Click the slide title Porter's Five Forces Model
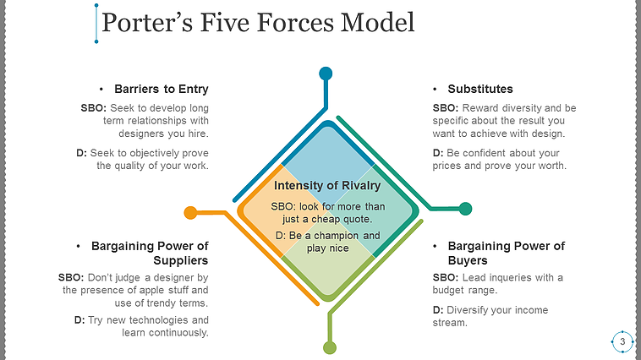click(x=258, y=23)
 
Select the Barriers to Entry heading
click(x=161, y=89)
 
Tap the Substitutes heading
click(x=480, y=89)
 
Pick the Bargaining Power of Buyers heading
click(x=506, y=253)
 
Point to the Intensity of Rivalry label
click(x=327, y=186)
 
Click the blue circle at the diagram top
click(x=326, y=74)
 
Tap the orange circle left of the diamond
click(x=190, y=212)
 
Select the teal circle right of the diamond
click(x=465, y=208)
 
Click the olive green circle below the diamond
click(x=330, y=347)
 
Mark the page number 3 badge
click(x=622, y=341)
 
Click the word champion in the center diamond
click(x=335, y=235)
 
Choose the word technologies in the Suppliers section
click(x=154, y=320)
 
